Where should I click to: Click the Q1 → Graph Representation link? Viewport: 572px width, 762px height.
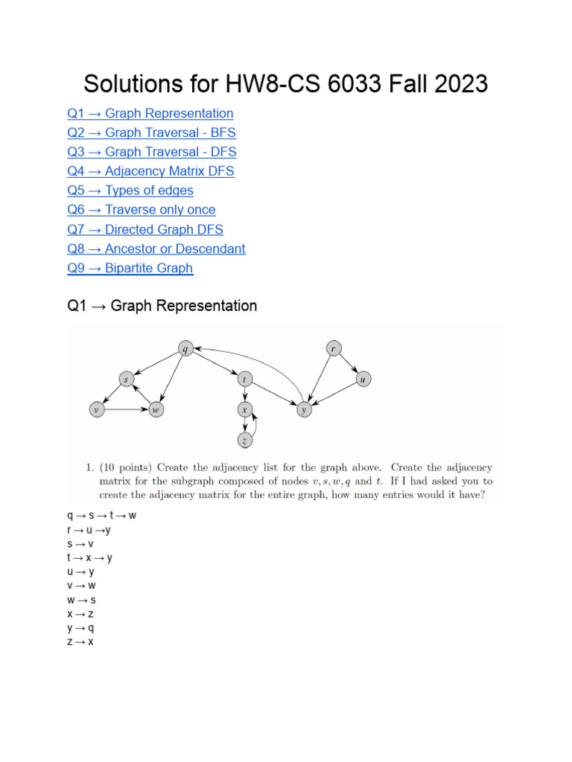(150, 113)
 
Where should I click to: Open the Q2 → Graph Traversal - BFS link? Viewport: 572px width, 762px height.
(151, 132)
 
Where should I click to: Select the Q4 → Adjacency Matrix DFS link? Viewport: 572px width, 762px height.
(150, 171)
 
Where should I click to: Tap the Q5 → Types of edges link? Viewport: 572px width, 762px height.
(130, 190)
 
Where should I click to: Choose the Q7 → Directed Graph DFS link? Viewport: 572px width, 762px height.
(145, 229)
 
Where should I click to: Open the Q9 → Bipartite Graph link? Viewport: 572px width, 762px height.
(130, 268)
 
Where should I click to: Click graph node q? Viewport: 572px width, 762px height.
(185, 347)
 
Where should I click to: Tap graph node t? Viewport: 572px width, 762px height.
(244, 380)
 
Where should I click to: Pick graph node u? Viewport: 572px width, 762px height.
(363, 380)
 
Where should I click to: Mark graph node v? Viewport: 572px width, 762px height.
(96, 409)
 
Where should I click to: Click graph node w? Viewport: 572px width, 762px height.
(155, 409)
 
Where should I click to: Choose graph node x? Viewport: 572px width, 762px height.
(244, 409)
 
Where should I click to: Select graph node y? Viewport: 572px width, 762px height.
(303, 409)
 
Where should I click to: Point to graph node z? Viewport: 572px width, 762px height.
(244, 441)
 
